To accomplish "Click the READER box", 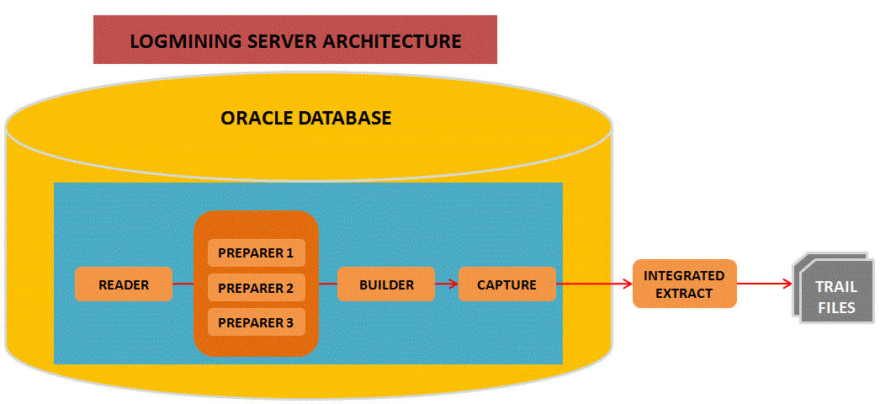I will point(124,284).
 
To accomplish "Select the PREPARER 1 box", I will point(256,252).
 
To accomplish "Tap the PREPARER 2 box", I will point(256,288).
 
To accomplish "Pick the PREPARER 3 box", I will point(256,322).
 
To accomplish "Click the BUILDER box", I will point(386,284).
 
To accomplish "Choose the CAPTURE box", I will point(506,284).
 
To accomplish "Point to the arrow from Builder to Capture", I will point(447,284).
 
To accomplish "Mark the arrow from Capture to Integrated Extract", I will point(595,284).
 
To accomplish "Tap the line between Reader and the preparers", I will point(183,284).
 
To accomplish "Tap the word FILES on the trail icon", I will point(835,307).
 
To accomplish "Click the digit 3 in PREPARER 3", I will point(289,322).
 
